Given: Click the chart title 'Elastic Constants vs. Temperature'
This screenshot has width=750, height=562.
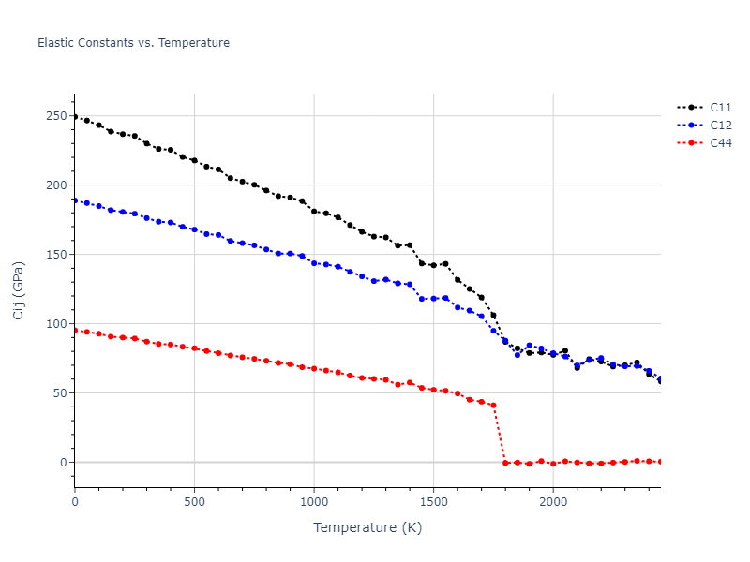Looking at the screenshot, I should pyautogui.click(x=133, y=43).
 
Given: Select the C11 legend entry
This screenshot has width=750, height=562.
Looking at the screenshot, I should pyautogui.click(x=720, y=108).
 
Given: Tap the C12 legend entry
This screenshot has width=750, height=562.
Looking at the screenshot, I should pyautogui.click(x=720, y=126).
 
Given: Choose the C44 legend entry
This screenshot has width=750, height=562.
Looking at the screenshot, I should pyautogui.click(x=720, y=143).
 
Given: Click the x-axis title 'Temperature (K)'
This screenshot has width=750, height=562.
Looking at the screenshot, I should pyautogui.click(x=367, y=528).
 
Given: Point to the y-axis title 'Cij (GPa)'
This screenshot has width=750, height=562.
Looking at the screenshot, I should pyautogui.click(x=20, y=290).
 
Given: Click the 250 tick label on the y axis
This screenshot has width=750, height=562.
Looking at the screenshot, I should pyautogui.click(x=55, y=116).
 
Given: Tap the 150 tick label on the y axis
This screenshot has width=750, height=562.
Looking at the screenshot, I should pyautogui.click(x=55, y=255).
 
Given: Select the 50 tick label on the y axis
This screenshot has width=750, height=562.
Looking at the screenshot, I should pyautogui.click(x=59, y=393).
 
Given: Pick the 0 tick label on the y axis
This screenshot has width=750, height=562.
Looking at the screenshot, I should pyautogui.click(x=63, y=463).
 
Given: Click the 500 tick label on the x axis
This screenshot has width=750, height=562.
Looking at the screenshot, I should pyautogui.click(x=194, y=502).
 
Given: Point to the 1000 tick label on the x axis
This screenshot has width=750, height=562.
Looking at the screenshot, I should pyautogui.click(x=314, y=502).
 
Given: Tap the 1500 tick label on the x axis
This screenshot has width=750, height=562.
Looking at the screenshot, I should pyautogui.click(x=433, y=502).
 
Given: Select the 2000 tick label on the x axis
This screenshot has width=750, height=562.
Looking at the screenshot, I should pyautogui.click(x=553, y=502).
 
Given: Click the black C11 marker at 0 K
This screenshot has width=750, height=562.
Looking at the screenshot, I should pyautogui.click(x=75, y=117).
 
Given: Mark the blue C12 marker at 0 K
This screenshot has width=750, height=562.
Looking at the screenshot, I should pyautogui.click(x=75, y=200).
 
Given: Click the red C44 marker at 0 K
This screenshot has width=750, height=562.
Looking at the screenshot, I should pyautogui.click(x=75, y=330).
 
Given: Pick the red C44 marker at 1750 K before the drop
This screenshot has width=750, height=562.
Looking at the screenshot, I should pyautogui.click(x=493, y=406).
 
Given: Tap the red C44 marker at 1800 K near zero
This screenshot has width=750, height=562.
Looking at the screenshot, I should pyautogui.click(x=505, y=463).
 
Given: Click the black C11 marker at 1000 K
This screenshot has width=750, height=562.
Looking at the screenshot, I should pyautogui.click(x=314, y=211).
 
